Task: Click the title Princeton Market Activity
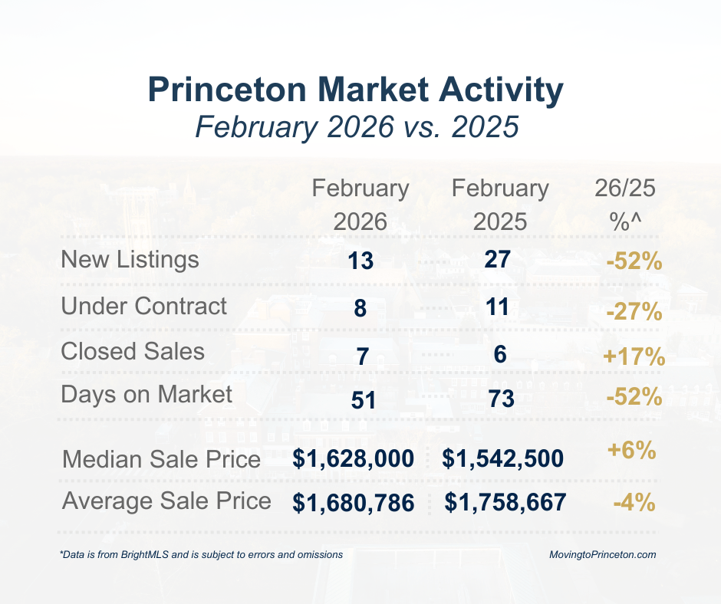pyautogui.click(x=356, y=90)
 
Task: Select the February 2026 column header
pyautogui.click(x=360, y=205)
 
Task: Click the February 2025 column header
pyautogui.click(x=500, y=205)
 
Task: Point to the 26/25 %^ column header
pyautogui.click(x=625, y=205)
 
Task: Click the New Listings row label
pyautogui.click(x=130, y=260)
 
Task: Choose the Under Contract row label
pyautogui.click(x=144, y=307)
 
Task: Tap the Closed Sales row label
pyautogui.click(x=133, y=352)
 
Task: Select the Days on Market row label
pyautogui.click(x=147, y=395)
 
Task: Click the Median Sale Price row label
pyautogui.click(x=161, y=460)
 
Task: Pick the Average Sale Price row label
pyautogui.click(x=166, y=501)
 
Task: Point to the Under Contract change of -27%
pyautogui.click(x=633, y=313)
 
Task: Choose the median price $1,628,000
pyautogui.click(x=354, y=459)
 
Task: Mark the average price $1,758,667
pyautogui.click(x=505, y=503)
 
